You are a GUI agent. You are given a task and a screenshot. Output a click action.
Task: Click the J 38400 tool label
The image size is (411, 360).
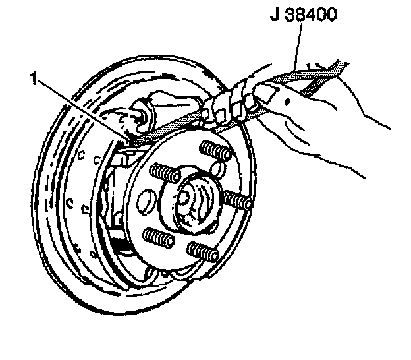(x=304, y=14)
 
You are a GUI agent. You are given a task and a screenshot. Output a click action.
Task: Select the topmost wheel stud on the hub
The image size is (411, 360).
(x=217, y=150)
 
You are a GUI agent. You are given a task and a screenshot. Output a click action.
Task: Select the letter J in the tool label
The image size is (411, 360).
(x=275, y=14)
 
